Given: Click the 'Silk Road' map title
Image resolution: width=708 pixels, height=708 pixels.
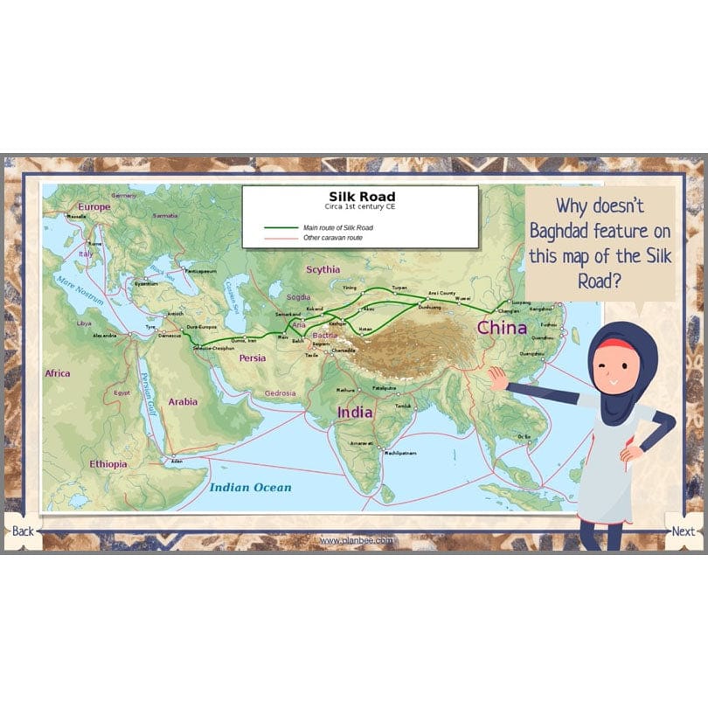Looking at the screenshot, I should pyautogui.click(x=361, y=197).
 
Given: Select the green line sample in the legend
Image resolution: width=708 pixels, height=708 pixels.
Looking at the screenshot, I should pyautogui.click(x=281, y=227).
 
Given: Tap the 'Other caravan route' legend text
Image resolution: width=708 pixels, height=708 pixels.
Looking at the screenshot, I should pyautogui.click(x=333, y=238).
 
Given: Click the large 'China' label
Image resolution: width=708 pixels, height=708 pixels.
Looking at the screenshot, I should pyautogui.click(x=501, y=328).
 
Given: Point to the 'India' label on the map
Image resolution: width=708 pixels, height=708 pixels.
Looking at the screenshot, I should pyautogui.click(x=355, y=412).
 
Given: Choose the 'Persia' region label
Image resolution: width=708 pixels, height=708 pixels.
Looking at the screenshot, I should pyautogui.click(x=253, y=357).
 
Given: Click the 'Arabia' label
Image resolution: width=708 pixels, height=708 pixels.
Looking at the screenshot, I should pyautogui.click(x=183, y=402).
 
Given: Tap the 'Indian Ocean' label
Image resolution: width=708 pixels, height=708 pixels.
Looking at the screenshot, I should pyautogui.click(x=250, y=487).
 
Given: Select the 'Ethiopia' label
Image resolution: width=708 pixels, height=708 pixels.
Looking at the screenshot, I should pyautogui.click(x=108, y=463).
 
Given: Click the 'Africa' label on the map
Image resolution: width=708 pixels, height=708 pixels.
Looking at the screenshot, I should pyautogui.click(x=58, y=373).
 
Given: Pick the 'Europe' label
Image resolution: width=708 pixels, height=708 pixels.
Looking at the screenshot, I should pyautogui.click(x=94, y=207).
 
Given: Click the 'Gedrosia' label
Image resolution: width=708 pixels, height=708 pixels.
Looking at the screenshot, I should pyautogui.click(x=281, y=392).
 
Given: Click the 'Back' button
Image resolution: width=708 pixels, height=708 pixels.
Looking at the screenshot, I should pyautogui.click(x=23, y=531).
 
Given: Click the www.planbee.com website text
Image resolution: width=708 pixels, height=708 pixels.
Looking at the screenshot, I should pyautogui.click(x=356, y=541).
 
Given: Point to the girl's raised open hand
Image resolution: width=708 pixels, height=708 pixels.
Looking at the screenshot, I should pyautogui.click(x=497, y=378).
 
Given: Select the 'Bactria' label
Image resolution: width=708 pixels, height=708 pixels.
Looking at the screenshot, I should pyautogui.click(x=324, y=335).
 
